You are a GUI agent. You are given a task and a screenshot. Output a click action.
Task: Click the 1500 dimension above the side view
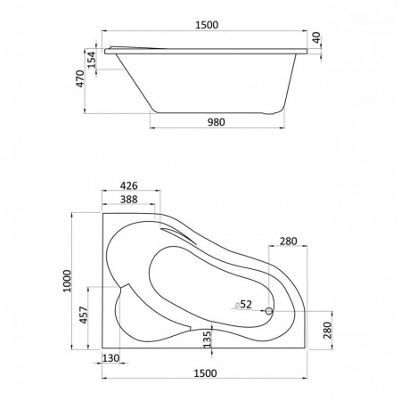(207, 25)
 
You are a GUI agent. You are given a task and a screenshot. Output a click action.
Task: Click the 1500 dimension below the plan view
(205, 373)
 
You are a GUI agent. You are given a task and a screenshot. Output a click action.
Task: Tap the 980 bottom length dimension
(216, 122)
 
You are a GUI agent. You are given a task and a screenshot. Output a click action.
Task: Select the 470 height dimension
(80, 78)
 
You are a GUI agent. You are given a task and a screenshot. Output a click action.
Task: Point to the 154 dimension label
(92, 60)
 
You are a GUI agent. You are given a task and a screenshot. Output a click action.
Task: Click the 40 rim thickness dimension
(316, 37)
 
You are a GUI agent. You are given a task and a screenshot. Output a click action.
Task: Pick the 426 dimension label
(129, 185)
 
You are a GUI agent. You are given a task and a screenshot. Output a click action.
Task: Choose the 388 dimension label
(129, 199)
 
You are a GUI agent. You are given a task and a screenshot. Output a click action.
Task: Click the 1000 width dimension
(67, 281)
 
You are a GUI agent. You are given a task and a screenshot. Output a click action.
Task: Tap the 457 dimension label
(84, 315)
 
